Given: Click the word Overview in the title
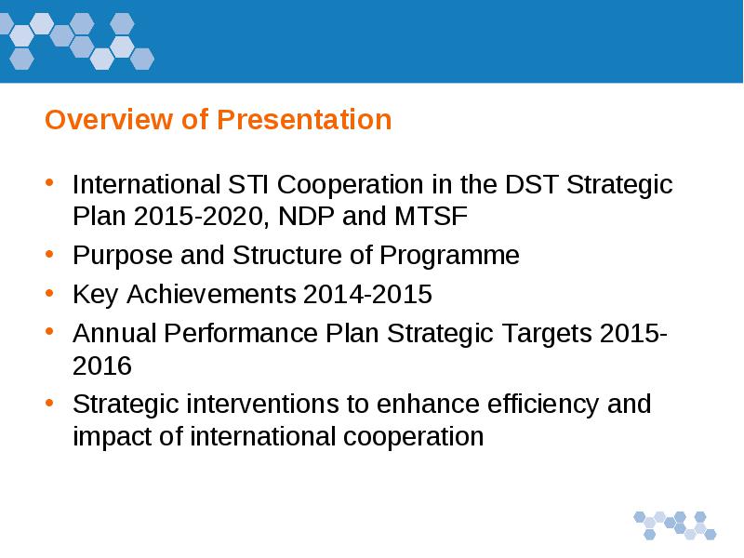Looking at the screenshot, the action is tap(109, 119).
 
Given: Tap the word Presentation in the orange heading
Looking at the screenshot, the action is tap(304, 119).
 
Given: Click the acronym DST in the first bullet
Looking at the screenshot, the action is tap(531, 184).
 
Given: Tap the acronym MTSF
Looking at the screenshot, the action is tap(431, 217).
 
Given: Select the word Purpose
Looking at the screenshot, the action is tap(123, 257).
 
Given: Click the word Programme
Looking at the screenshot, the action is tap(449, 257).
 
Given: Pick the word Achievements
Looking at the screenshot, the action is tap(211, 294).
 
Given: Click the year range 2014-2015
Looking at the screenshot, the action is tap(367, 294).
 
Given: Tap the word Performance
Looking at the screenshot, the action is tap(241, 333).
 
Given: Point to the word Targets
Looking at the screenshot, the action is tap(547, 334).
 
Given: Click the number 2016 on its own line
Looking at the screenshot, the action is tap(102, 365).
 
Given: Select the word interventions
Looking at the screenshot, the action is tap(263, 405).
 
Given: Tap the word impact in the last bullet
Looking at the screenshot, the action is tap(112, 437).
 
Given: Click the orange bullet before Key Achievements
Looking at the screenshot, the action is tap(49, 293).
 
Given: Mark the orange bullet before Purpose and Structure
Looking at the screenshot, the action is tap(49, 254).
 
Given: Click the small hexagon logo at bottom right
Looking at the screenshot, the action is tap(675, 525).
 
